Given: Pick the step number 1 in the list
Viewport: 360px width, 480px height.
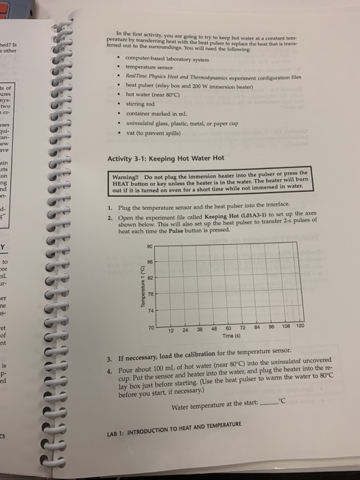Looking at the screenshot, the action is [109, 206].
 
